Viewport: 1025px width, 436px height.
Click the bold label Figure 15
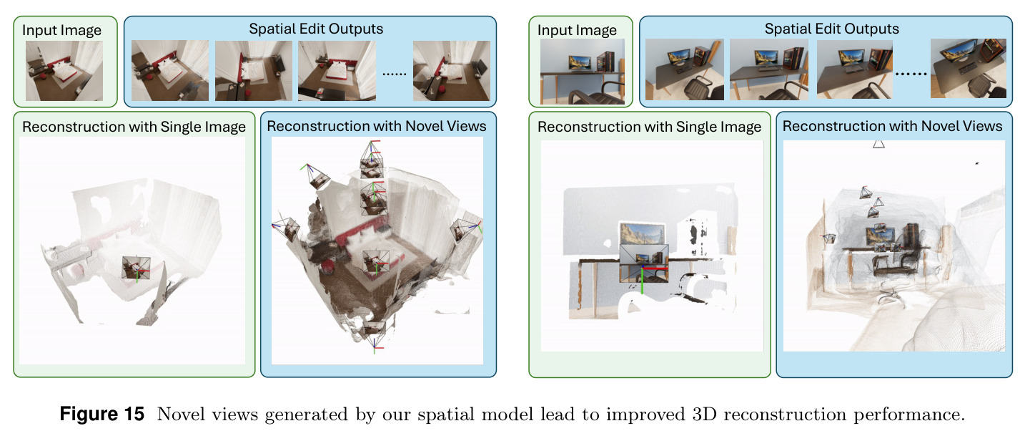click(x=101, y=414)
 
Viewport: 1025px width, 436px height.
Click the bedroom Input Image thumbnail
click(x=64, y=71)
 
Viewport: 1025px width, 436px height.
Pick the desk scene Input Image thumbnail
click(x=582, y=71)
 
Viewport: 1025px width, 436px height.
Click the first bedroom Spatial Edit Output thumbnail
click(x=170, y=70)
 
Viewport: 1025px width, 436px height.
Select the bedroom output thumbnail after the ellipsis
click(x=451, y=71)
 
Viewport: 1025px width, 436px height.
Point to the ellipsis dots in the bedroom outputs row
click(x=394, y=74)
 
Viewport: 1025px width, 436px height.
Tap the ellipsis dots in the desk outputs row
click(x=911, y=74)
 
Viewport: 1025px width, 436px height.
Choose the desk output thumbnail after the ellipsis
click(x=969, y=68)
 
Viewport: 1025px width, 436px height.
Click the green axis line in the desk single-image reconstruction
click(x=642, y=280)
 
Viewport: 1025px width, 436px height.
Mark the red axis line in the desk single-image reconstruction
click(x=655, y=267)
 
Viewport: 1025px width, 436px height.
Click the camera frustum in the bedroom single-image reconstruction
click(x=137, y=268)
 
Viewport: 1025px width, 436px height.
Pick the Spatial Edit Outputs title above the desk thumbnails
click(x=831, y=29)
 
